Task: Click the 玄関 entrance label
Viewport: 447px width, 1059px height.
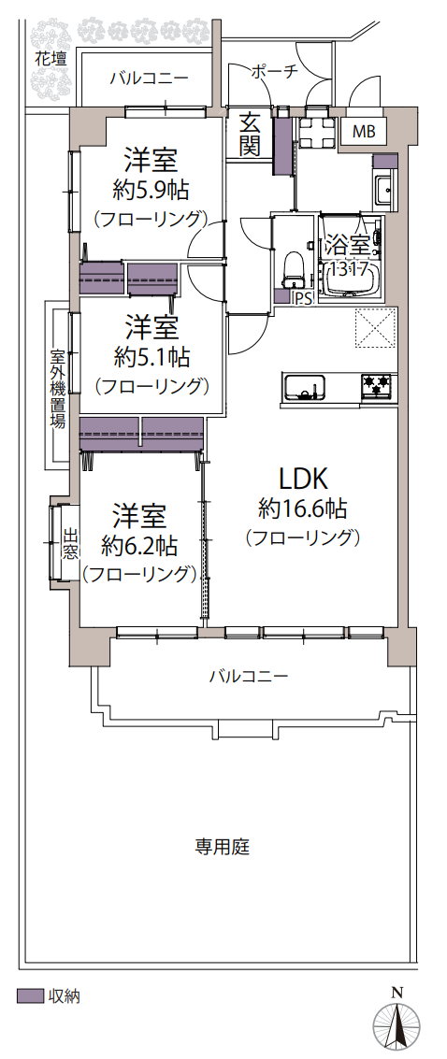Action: (x=251, y=135)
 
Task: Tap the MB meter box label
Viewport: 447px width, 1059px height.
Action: (x=366, y=132)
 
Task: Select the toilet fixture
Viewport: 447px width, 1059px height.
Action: (x=293, y=267)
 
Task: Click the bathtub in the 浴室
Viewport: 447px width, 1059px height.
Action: (x=351, y=256)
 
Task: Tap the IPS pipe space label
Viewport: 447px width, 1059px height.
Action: (x=302, y=299)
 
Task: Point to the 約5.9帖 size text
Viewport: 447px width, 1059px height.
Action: (x=150, y=192)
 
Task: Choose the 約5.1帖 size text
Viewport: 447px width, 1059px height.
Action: (x=151, y=357)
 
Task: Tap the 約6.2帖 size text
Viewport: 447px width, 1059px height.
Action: (x=139, y=544)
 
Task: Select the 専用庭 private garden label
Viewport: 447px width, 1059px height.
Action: (x=223, y=846)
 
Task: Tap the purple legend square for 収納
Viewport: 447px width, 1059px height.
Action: (x=29, y=995)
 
